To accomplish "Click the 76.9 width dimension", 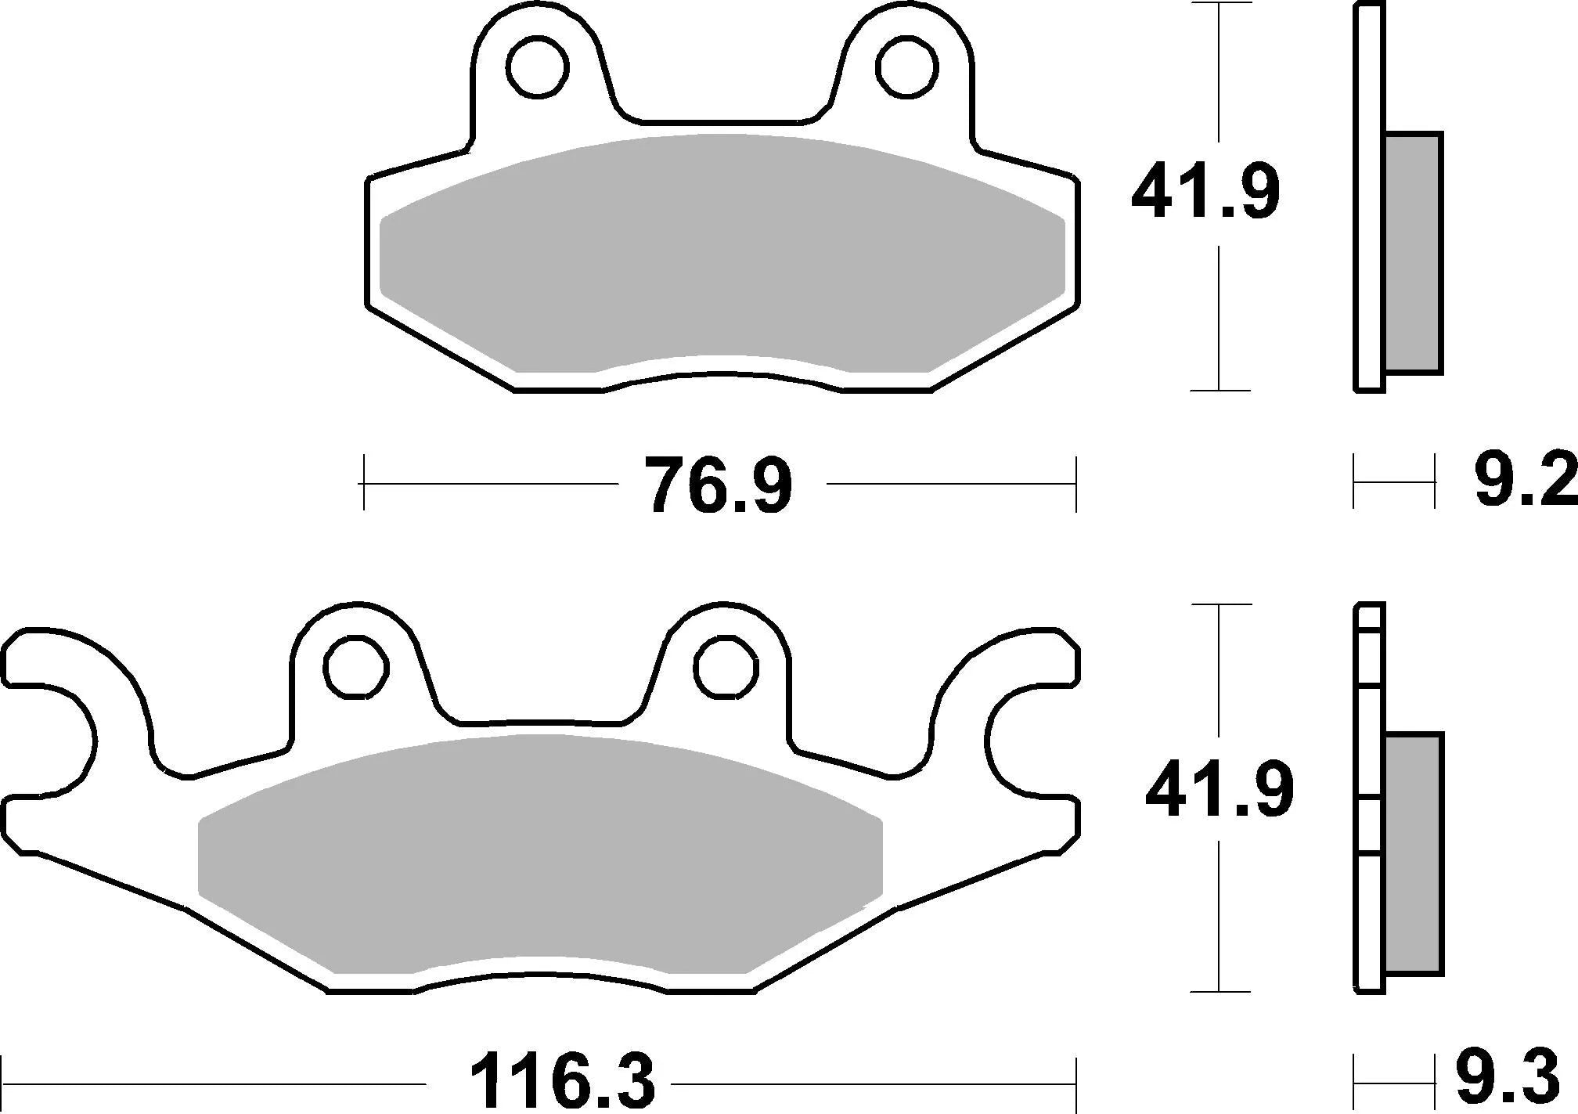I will pos(718,485).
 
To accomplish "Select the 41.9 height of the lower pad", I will pos(1220,792).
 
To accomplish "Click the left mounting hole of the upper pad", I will pos(537,67).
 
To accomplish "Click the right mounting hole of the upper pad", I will pos(906,67).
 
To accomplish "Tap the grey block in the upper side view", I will pos(1413,252).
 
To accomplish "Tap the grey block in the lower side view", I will pos(1413,853).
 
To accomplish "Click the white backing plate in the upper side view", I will pos(1368,196).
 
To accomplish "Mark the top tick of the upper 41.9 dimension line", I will pos(1219,4).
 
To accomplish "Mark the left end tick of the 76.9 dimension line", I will pos(364,484).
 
